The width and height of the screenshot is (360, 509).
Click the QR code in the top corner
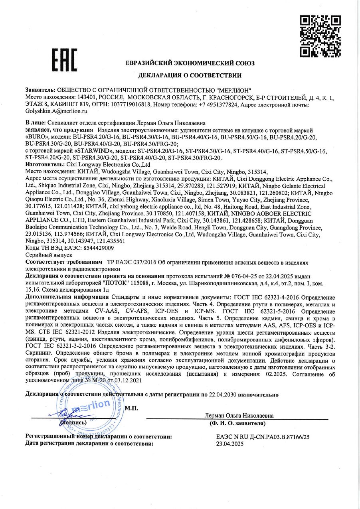coord(320,36)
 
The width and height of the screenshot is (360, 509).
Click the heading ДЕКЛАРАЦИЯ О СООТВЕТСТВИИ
coord(190,75)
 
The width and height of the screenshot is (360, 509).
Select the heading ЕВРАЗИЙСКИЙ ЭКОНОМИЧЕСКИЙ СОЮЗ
coord(190,63)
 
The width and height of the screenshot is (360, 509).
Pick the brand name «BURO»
coord(37,137)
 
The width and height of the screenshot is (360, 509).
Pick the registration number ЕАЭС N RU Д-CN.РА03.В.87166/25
coord(263,437)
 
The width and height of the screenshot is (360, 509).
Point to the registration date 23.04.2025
coord(229,443)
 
